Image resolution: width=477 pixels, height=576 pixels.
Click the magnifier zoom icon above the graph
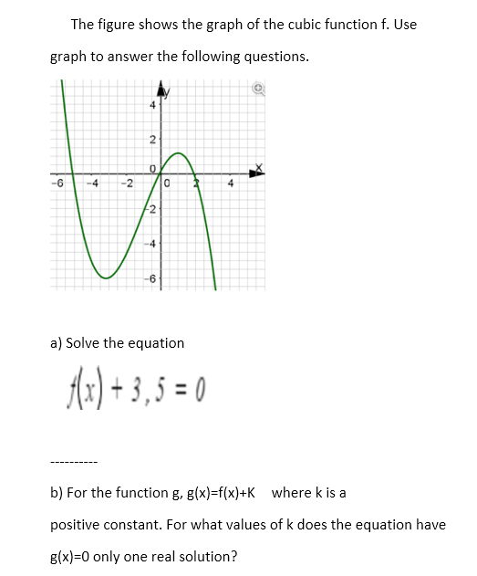pyautogui.click(x=258, y=89)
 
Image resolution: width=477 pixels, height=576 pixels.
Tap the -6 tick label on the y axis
pyautogui.click(x=151, y=278)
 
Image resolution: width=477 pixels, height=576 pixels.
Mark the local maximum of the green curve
pyautogui.click(x=179, y=153)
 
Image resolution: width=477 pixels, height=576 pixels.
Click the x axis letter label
pyautogui.click(x=258, y=168)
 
